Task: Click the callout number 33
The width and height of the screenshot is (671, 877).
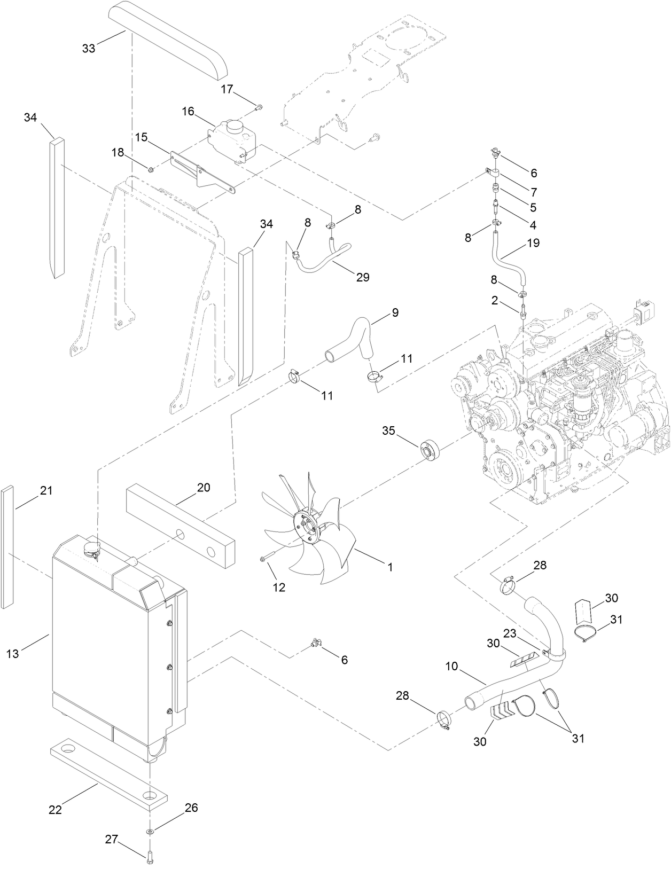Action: coord(89,48)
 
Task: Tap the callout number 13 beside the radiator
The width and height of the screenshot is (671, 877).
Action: coord(13,653)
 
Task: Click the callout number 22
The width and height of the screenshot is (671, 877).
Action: coord(55,810)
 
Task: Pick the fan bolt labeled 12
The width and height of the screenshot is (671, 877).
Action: coord(264,559)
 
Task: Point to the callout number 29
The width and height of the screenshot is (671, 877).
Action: coord(362,277)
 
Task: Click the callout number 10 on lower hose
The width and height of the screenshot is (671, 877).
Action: coord(451,667)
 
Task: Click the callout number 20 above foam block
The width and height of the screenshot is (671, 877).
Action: coord(204,488)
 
